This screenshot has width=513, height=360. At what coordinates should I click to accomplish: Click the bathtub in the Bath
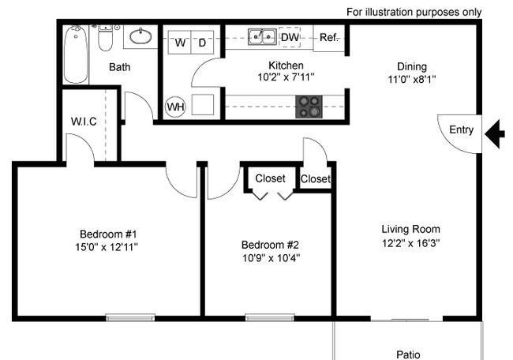pyautogui.click(x=76, y=54)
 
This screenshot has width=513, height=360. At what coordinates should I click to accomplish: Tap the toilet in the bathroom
pyautogui.click(x=105, y=38)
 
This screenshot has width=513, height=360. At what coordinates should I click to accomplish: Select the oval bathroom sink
pyautogui.click(x=140, y=36)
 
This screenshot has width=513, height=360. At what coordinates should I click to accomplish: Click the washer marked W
pyautogui.click(x=180, y=42)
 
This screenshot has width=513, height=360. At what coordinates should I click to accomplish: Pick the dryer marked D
pyautogui.click(x=202, y=42)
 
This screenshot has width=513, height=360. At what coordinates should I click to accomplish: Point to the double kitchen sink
pyautogui.click(x=262, y=36)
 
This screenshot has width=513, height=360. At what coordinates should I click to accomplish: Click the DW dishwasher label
pyautogui.click(x=290, y=37)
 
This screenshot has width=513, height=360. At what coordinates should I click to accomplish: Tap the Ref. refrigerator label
pyautogui.click(x=329, y=38)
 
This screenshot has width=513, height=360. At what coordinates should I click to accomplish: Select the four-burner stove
pyautogui.click(x=309, y=107)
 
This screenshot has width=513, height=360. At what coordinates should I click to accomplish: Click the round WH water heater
pyautogui.click(x=175, y=107)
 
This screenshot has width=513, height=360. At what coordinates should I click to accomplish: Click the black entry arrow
pyautogui.click(x=496, y=134)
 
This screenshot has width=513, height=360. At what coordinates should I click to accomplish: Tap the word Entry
pyautogui.click(x=462, y=130)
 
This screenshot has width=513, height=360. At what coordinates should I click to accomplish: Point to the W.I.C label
pyautogui.click(x=84, y=122)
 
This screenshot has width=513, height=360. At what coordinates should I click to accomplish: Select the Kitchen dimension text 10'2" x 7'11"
pyautogui.click(x=286, y=77)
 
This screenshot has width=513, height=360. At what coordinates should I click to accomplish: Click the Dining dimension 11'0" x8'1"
pyautogui.click(x=411, y=79)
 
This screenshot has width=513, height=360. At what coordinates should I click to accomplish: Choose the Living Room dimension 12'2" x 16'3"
pyautogui.click(x=410, y=243)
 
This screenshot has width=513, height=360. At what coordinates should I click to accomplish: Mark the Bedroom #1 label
pyautogui.click(x=108, y=234)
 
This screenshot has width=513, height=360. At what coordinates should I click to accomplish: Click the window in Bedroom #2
pyautogui.click(x=270, y=317)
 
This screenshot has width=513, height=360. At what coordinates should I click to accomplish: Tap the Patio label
pyautogui.click(x=408, y=354)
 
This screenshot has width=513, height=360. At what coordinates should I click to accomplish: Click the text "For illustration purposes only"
pyautogui.click(x=414, y=13)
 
